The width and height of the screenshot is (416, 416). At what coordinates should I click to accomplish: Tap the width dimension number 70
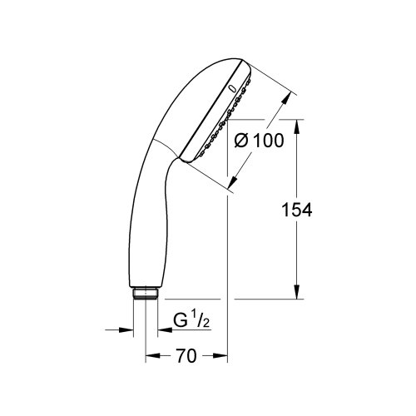click(x=186, y=358)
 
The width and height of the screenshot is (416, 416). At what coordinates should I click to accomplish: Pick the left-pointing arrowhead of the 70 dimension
click(x=151, y=358)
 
